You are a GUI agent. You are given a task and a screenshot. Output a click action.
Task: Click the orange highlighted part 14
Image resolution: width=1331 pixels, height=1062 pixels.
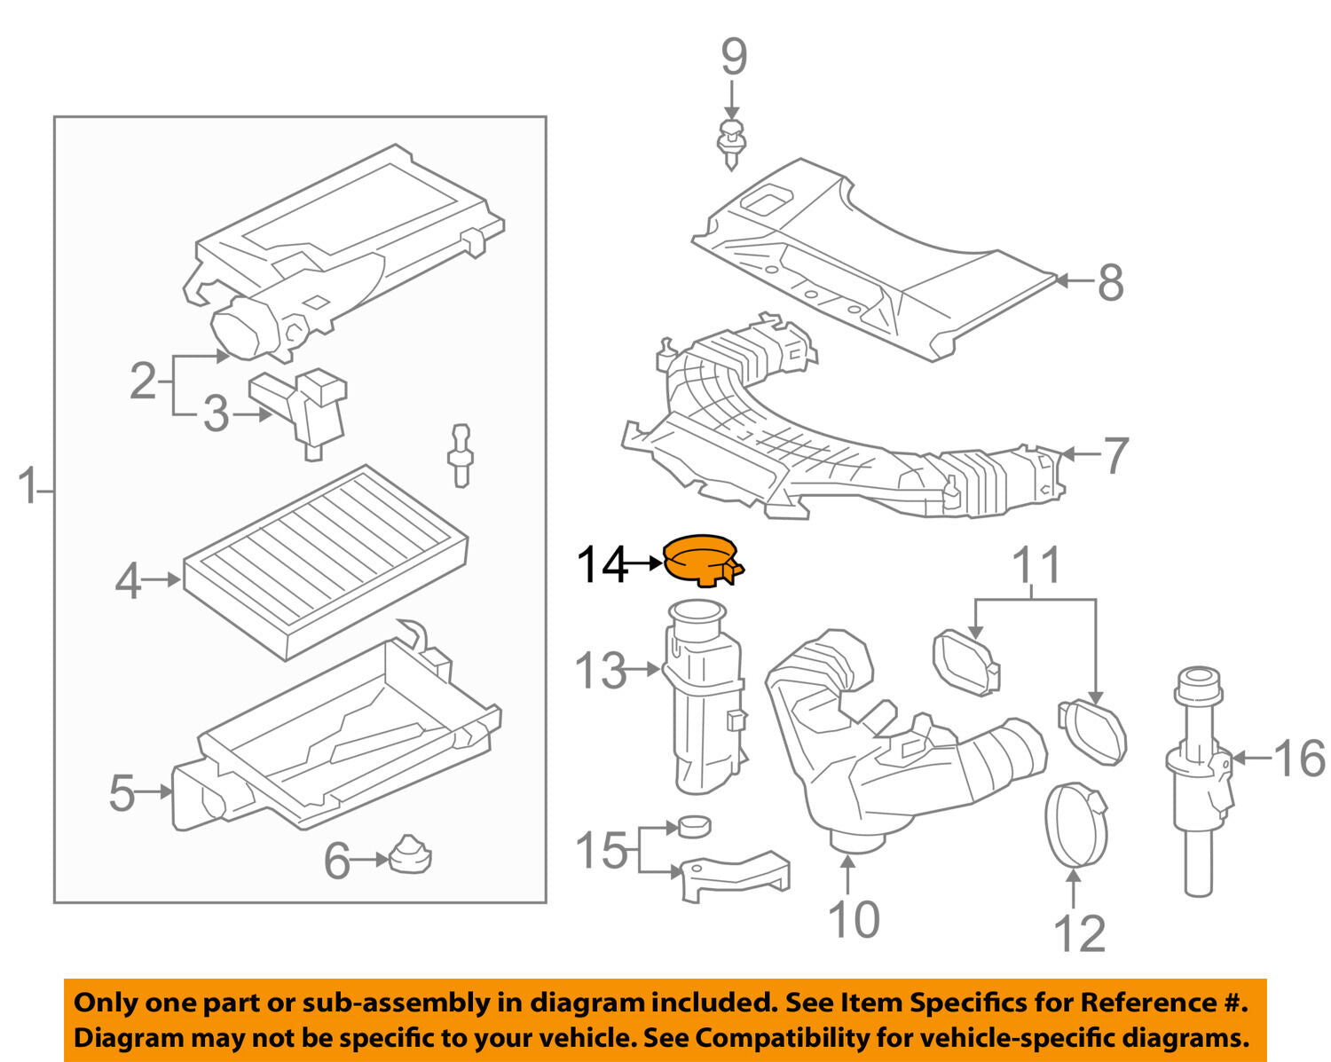tap(701, 559)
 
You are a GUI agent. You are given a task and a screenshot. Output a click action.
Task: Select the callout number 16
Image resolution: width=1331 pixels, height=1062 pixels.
tap(1299, 759)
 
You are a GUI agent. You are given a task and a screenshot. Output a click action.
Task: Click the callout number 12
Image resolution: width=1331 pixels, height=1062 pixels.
tap(1080, 933)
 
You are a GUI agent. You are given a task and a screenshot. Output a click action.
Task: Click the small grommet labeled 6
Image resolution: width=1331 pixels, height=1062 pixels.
tap(410, 855)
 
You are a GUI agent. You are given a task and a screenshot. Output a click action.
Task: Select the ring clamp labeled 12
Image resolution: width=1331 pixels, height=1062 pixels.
tap(1077, 823)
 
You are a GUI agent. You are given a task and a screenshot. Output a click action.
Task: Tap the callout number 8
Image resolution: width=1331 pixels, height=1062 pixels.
tap(1109, 282)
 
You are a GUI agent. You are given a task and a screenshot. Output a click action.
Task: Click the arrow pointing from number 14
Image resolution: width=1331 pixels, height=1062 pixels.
tap(644, 562)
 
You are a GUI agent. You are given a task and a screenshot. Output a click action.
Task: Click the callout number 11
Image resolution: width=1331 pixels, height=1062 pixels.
tap(1036, 566)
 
